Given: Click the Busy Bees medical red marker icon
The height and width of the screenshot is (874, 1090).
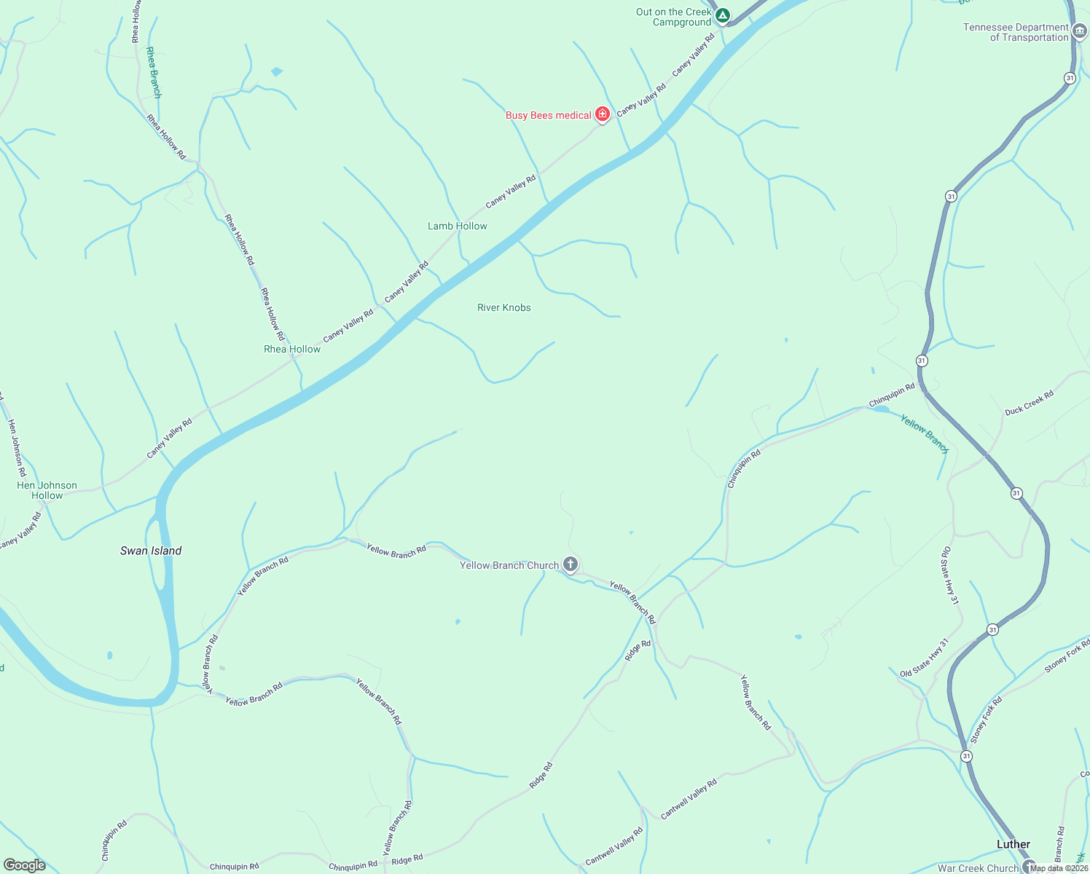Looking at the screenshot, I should (603, 114).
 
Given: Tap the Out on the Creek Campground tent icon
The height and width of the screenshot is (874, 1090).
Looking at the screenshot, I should (722, 15).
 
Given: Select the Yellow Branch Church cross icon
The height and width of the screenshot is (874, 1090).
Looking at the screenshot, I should (571, 564).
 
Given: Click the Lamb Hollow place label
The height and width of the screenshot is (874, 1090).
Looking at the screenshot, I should (458, 226).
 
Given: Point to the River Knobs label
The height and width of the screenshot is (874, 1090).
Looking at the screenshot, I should (504, 307).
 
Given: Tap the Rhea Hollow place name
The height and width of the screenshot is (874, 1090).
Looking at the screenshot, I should (292, 349).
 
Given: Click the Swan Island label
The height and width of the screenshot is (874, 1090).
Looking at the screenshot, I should (151, 551).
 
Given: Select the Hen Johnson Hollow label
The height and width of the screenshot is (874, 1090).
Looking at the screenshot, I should (47, 490).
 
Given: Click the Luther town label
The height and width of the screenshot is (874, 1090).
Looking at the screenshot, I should (1013, 844).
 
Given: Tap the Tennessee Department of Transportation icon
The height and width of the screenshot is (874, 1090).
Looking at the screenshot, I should (1081, 31).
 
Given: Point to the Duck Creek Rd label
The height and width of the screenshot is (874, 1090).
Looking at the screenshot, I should (1029, 403).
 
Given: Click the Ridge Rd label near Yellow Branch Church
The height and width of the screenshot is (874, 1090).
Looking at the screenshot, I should (638, 650).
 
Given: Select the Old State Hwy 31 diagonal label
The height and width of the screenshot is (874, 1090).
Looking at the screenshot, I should (925, 658).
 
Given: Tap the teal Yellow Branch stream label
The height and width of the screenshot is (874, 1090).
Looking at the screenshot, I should (924, 433).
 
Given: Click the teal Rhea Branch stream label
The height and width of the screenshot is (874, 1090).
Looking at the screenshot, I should (153, 73).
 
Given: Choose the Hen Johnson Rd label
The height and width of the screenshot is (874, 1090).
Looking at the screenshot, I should (17, 447).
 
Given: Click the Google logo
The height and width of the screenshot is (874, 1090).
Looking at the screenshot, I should (24, 865).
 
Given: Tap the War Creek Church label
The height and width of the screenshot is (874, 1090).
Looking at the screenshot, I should (978, 868).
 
